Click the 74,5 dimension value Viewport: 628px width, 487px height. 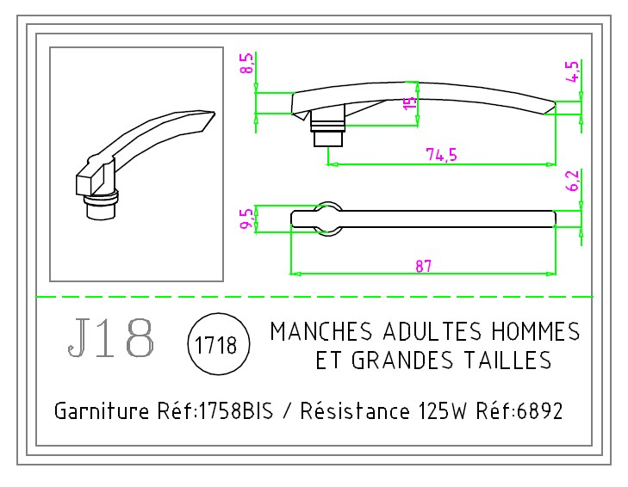pyautogui.click(x=441, y=154)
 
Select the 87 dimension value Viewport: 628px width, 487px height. pyautogui.click(x=422, y=266)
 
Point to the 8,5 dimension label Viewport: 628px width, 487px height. pyautogui.click(x=247, y=64)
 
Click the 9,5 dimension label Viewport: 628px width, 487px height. pyautogui.click(x=247, y=219)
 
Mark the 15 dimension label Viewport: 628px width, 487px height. pyautogui.click(x=410, y=103)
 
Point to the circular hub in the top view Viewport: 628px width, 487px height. pyautogui.click(x=327, y=215)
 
